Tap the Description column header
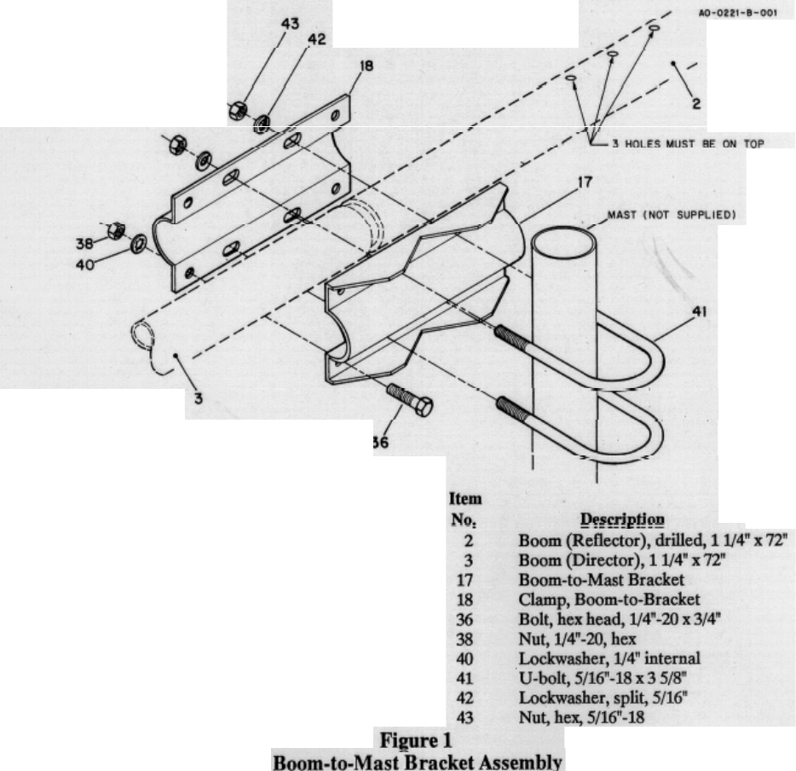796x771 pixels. [x=622, y=519]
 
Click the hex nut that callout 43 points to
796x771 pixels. [x=238, y=108]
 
